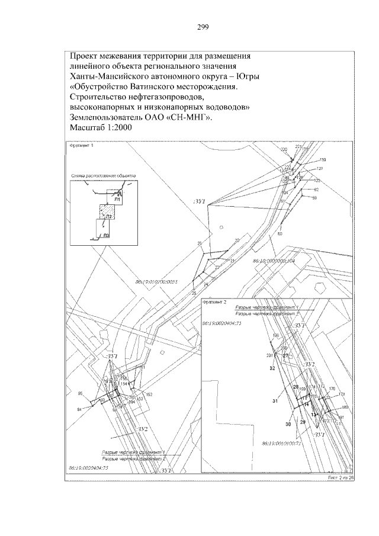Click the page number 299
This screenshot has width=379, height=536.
click(201, 27)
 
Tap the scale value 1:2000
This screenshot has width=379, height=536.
click(114, 127)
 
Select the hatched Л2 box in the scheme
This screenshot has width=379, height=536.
click(107, 213)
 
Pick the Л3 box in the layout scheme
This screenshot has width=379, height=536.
click(105, 230)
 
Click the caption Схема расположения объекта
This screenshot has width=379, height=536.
click(104, 176)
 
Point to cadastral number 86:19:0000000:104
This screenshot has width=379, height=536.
click(274, 260)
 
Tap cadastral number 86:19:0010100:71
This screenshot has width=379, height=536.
click(282, 442)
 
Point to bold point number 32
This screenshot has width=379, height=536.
click(272, 368)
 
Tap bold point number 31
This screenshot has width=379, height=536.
click(275, 402)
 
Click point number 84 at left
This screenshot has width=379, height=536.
click(79, 410)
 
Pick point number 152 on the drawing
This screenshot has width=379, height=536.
click(149, 394)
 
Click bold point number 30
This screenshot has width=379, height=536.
click(288, 425)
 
